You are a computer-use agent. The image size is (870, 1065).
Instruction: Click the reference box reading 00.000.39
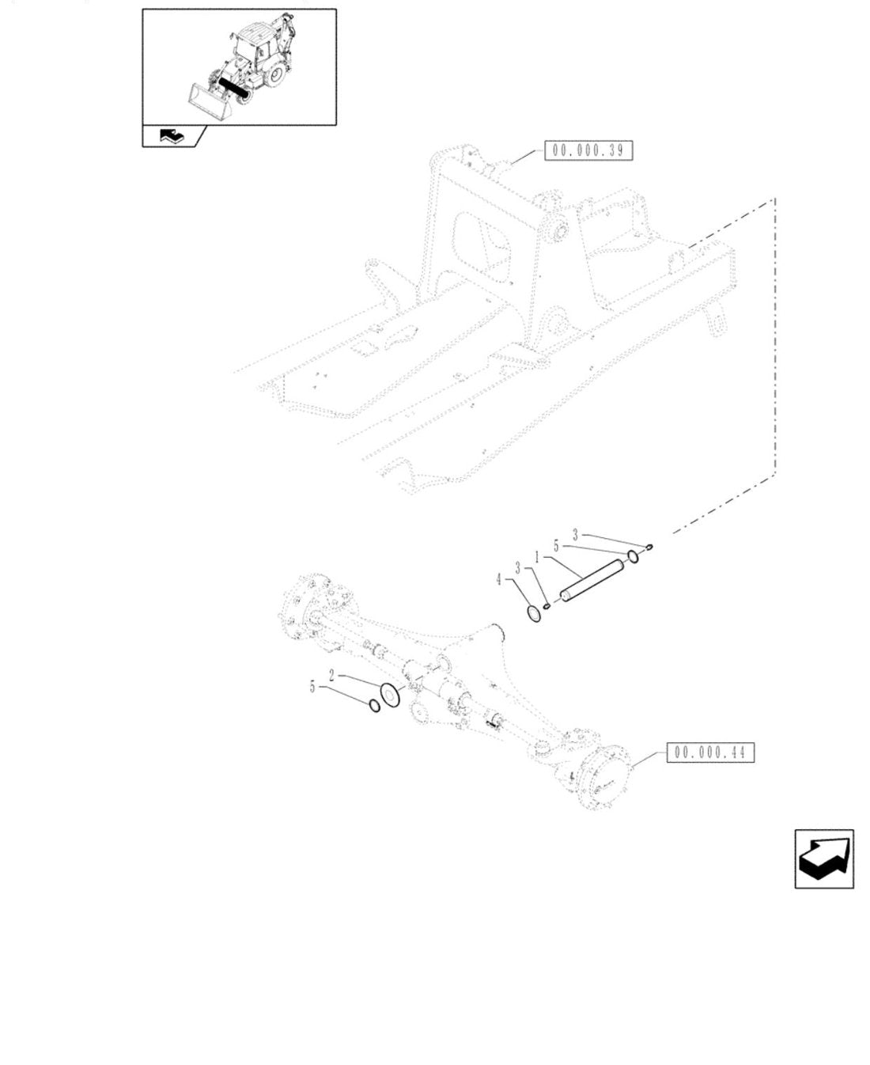pyautogui.click(x=588, y=150)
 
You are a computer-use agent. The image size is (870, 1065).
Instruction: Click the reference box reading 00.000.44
pyautogui.click(x=710, y=752)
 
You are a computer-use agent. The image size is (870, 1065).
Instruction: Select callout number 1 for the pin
pyautogui.click(x=537, y=558)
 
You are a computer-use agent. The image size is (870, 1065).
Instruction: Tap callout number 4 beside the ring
pyautogui.click(x=499, y=580)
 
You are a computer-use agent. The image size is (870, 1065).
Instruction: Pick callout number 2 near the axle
pyautogui.click(x=331, y=675)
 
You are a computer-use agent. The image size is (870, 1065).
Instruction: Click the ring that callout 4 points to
pyautogui.click(x=534, y=613)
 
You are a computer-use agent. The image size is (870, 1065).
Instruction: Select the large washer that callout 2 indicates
pyautogui.click(x=390, y=695)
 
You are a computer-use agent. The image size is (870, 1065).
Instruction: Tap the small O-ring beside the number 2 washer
pyautogui.click(x=375, y=706)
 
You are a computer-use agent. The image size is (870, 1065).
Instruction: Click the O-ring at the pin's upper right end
pyautogui.click(x=633, y=556)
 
